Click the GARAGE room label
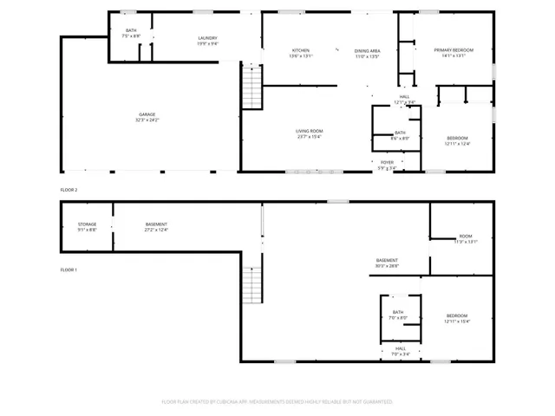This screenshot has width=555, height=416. pyautogui.click(x=147, y=114)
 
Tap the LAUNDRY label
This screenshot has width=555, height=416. pyautogui.click(x=207, y=37)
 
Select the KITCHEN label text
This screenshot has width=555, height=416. pyautogui.click(x=301, y=50)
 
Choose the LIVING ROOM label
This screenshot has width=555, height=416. pyautogui.click(x=309, y=131)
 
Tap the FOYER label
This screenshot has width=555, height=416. pyautogui.click(x=387, y=162)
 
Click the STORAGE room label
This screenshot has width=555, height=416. pyautogui.click(x=87, y=224)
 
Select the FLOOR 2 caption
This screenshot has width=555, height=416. pyautogui.click(x=69, y=189)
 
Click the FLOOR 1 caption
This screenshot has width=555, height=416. pyautogui.click(x=69, y=270)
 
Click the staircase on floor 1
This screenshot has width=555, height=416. pyautogui.click(x=251, y=286)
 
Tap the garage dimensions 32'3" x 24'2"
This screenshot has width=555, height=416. pyautogui.click(x=147, y=120)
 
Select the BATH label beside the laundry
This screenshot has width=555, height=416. pyautogui.click(x=131, y=30)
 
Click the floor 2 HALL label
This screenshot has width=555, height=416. pyautogui.click(x=404, y=96)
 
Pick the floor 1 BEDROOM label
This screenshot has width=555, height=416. pyautogui.click(x=457, y=315)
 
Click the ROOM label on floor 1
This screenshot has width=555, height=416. pyautogui.click(x=466, y=237)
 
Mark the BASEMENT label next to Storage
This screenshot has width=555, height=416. pyautogui.click(x=156, y=224)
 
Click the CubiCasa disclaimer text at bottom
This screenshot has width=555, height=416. pyautogui.click(x=277, y=402)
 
